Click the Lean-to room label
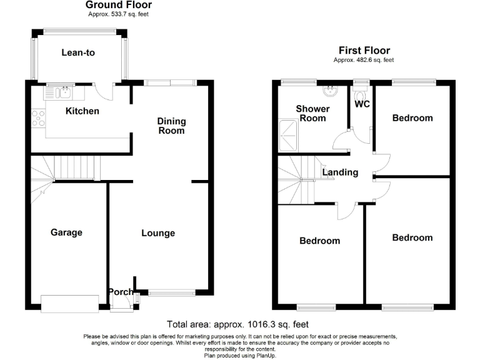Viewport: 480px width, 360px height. pyautogui.click(x=78, y=53)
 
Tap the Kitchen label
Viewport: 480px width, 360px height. pyautogui.click(x=82, y=111)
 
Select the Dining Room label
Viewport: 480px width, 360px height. pyautogui.click(x=171, y=126)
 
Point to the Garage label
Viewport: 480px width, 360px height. pyautogui.click(x=66, y=232)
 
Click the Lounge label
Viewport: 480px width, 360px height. pyautogui.click(x=158, y=233)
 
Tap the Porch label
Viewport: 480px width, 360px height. pyautogui.click(x=120, y=292)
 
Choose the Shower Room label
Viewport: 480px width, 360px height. pyautogui.click(x=313, y=113)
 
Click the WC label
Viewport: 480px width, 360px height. pyautogui.click(x=362, y=104)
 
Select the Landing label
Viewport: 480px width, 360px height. pyautogui.click(x=340, y=172)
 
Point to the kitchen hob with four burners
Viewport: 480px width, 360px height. pyautogui.click(x=37, y=117)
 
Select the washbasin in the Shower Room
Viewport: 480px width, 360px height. pyautogui.click(x=329, y=91)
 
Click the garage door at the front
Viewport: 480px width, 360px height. pyautogui.click(x=69, y=303)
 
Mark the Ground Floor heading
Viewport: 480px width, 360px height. pyautogui.click(x=119, y=5)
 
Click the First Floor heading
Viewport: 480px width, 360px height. pyautogui.click(x=364, y=51)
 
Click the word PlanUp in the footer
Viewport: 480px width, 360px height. pyautogui.click(x=265, y=355)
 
